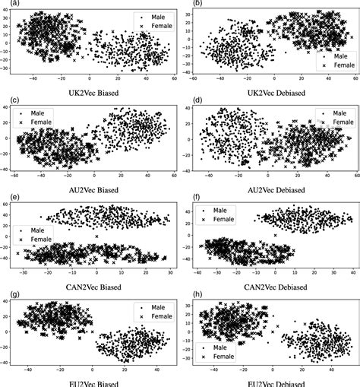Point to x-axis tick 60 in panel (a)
[173, 78]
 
